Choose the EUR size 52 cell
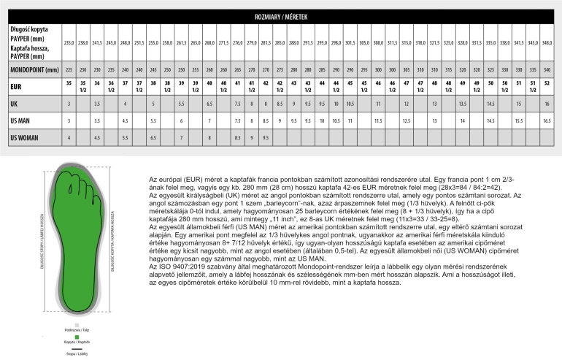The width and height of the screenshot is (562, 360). tap(547, 83)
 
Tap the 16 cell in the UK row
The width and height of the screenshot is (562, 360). tap(547, 104)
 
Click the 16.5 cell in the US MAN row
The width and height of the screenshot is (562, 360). tap(547, 120)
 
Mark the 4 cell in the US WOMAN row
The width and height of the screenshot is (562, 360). tap(68, 137)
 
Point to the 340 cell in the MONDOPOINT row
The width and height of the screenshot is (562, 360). tap(547, 69)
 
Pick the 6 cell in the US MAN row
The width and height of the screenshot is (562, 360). tap(181, 120)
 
